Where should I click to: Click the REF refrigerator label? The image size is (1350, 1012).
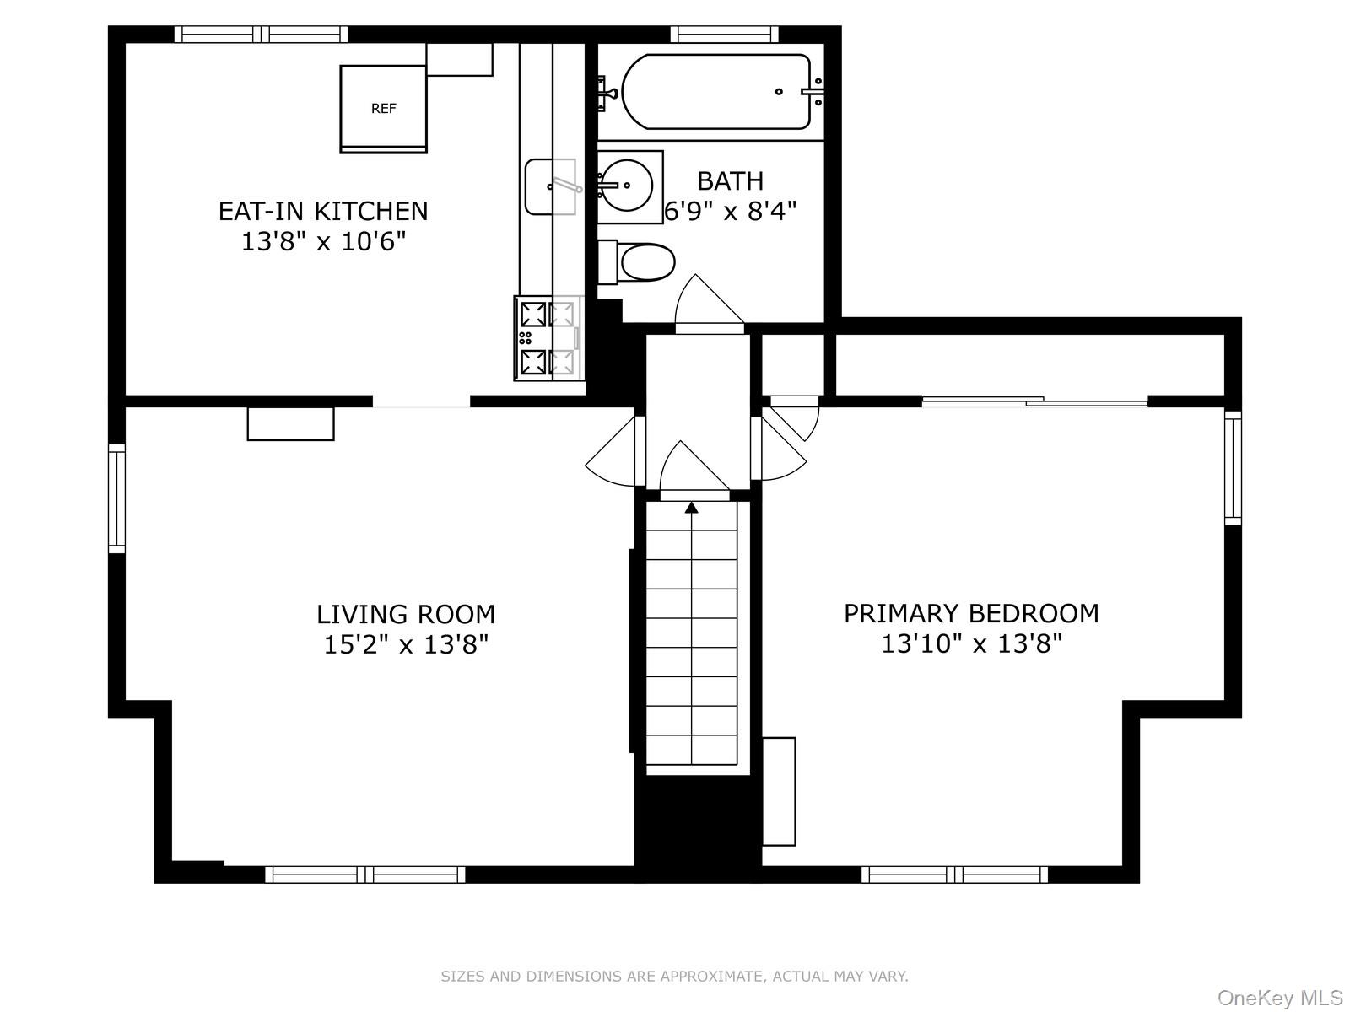tap(383, 109)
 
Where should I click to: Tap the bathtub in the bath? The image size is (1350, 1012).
tap(716, 92)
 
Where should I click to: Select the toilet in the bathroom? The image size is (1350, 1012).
tap(638, 262)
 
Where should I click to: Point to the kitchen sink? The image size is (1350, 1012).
tap(549, 186)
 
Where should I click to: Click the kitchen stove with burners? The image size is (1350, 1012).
tap(548, 338)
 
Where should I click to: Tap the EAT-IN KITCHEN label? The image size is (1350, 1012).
tap(323, 211)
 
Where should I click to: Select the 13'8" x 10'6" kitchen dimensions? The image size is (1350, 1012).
tap(323, 242)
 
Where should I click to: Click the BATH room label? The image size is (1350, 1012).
tap(730, 180)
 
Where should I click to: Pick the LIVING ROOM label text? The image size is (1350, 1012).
tap(406, 614)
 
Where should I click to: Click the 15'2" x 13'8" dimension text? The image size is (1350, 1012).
tap(406, 645)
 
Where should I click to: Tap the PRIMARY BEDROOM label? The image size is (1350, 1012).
tap(971, 613)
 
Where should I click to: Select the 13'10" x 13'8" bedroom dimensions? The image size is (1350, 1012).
tap(971, 644)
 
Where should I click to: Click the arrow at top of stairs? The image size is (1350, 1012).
tap(692, 508)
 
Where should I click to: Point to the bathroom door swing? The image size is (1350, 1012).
tap(707, 302)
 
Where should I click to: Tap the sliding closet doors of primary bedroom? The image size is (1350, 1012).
tap(1034, 402)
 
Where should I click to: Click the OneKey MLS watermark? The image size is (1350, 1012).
tap(1279, 999)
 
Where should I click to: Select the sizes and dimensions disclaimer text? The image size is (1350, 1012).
tap(674, 977)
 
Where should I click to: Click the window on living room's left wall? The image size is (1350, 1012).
tap(116, 498)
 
